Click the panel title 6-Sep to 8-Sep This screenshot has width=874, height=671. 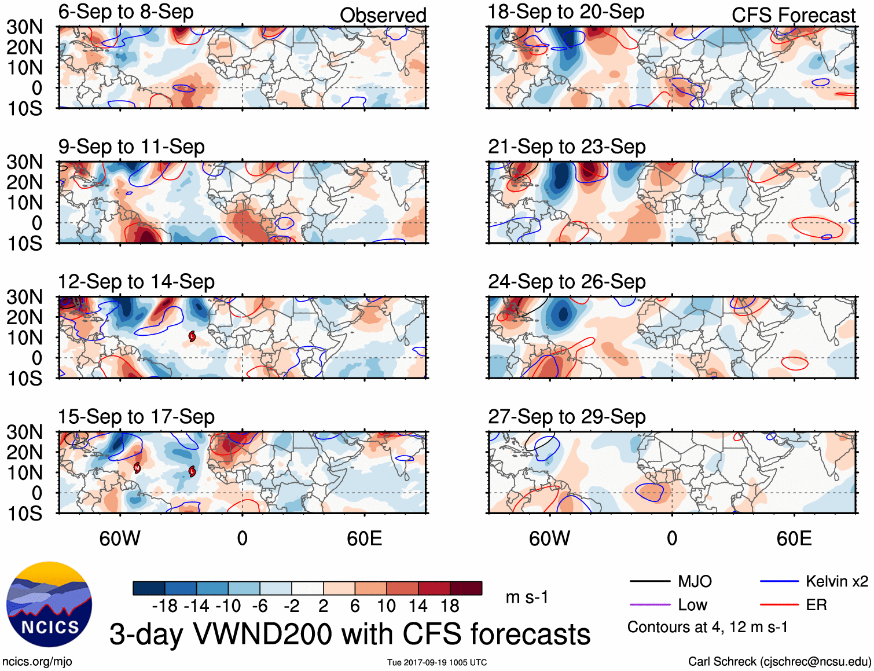point(126,12)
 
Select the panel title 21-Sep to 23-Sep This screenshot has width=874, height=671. point(567,147)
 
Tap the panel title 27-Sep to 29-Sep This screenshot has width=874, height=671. point(567,417)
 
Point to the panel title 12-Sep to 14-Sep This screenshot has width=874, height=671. point(136,282)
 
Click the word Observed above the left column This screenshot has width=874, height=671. point(383,15)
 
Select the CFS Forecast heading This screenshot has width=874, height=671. point(793,16)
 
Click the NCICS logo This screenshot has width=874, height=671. point(49,604)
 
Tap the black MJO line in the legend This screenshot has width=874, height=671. point(649,581)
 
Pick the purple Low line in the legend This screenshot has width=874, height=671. point(649,605)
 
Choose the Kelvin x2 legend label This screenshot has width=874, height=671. point(836,581)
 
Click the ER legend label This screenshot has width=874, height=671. point(816,605)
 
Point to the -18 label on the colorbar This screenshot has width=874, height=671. point(164,606)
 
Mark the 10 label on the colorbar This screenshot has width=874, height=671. point(386,606)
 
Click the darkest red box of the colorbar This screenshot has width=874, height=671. point(466,588)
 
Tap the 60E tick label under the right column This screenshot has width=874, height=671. point(794,538)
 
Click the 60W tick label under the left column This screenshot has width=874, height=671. point(120,538)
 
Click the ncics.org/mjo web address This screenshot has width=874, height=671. point(37,661)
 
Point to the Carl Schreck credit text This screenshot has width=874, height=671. point(779,661)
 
